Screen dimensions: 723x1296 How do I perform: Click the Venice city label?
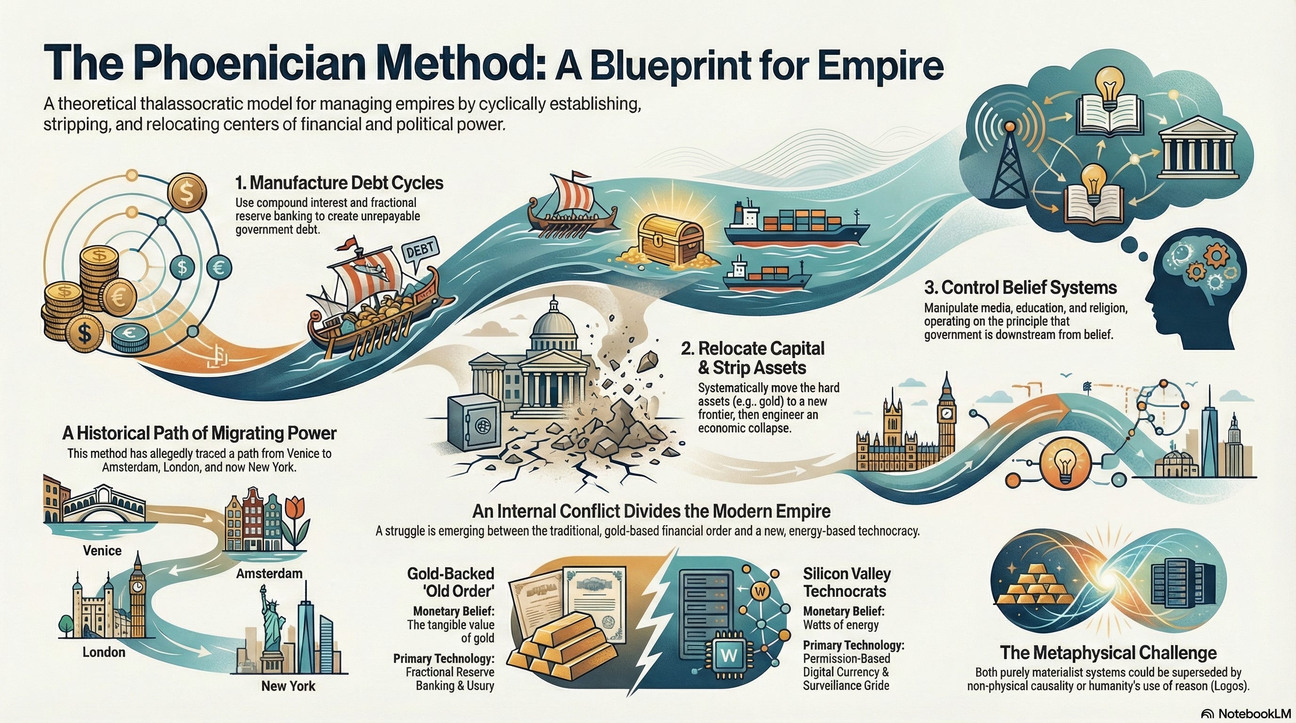tap(102, 551)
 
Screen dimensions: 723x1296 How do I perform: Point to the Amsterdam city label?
tap(269, 573)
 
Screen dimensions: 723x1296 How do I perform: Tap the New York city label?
tap(288, 686)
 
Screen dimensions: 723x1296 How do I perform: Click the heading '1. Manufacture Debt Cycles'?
tap(339, 183)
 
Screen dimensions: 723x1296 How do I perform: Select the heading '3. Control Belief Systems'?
tap(1021, 288)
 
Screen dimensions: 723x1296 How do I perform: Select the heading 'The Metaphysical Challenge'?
tap(1108, 652)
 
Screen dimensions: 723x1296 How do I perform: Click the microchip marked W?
tap(729, 655)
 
